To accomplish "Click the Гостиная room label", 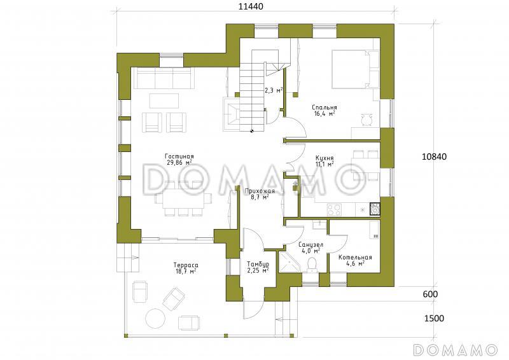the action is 179,156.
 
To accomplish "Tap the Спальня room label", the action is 324,107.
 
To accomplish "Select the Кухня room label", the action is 324,158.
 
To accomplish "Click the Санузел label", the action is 310,244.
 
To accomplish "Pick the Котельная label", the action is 355,258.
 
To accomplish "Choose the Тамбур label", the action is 258,264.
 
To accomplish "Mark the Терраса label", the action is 186,265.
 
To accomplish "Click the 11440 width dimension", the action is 251,6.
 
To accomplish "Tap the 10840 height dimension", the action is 434,157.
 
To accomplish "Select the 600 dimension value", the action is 431,294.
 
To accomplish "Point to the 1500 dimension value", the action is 434,319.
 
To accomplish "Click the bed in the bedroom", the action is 355,69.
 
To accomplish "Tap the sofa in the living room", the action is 164,78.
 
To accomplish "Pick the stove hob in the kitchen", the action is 334,210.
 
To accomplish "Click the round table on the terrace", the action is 156,319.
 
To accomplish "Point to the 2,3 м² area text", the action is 274,90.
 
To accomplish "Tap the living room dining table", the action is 183,198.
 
